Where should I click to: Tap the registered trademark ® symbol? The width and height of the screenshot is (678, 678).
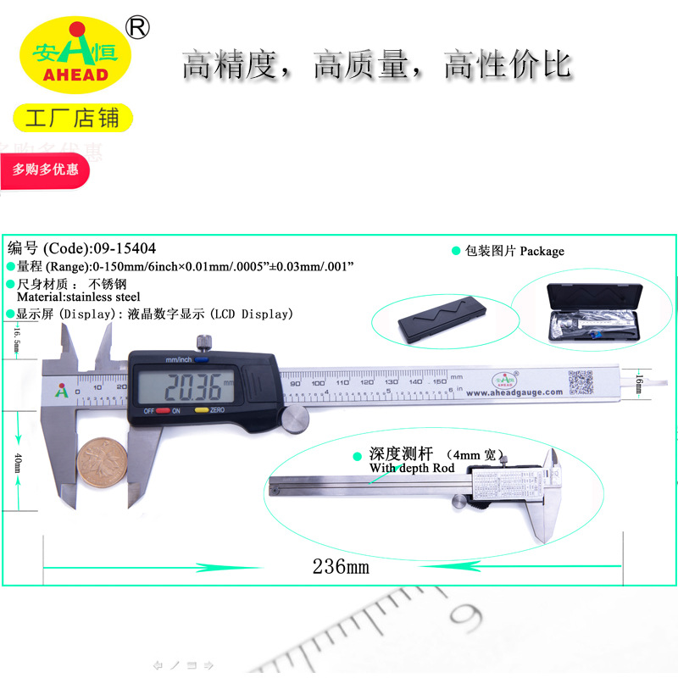tap(136, 27)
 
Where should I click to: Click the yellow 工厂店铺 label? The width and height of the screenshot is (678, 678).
tap(73, 118)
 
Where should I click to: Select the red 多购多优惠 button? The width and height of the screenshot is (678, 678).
tap(46, 169)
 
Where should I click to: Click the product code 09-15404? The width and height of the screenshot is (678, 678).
tap(125, 248)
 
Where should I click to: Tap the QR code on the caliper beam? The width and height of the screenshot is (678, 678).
tap(580, 382)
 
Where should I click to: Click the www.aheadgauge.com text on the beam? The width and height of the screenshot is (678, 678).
tap(514, 392)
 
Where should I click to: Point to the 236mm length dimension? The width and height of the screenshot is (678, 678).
tap(341, 566)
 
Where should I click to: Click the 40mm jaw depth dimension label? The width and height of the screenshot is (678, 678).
tap(19, 464)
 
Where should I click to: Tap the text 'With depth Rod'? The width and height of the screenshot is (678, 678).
tap(412, 468)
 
